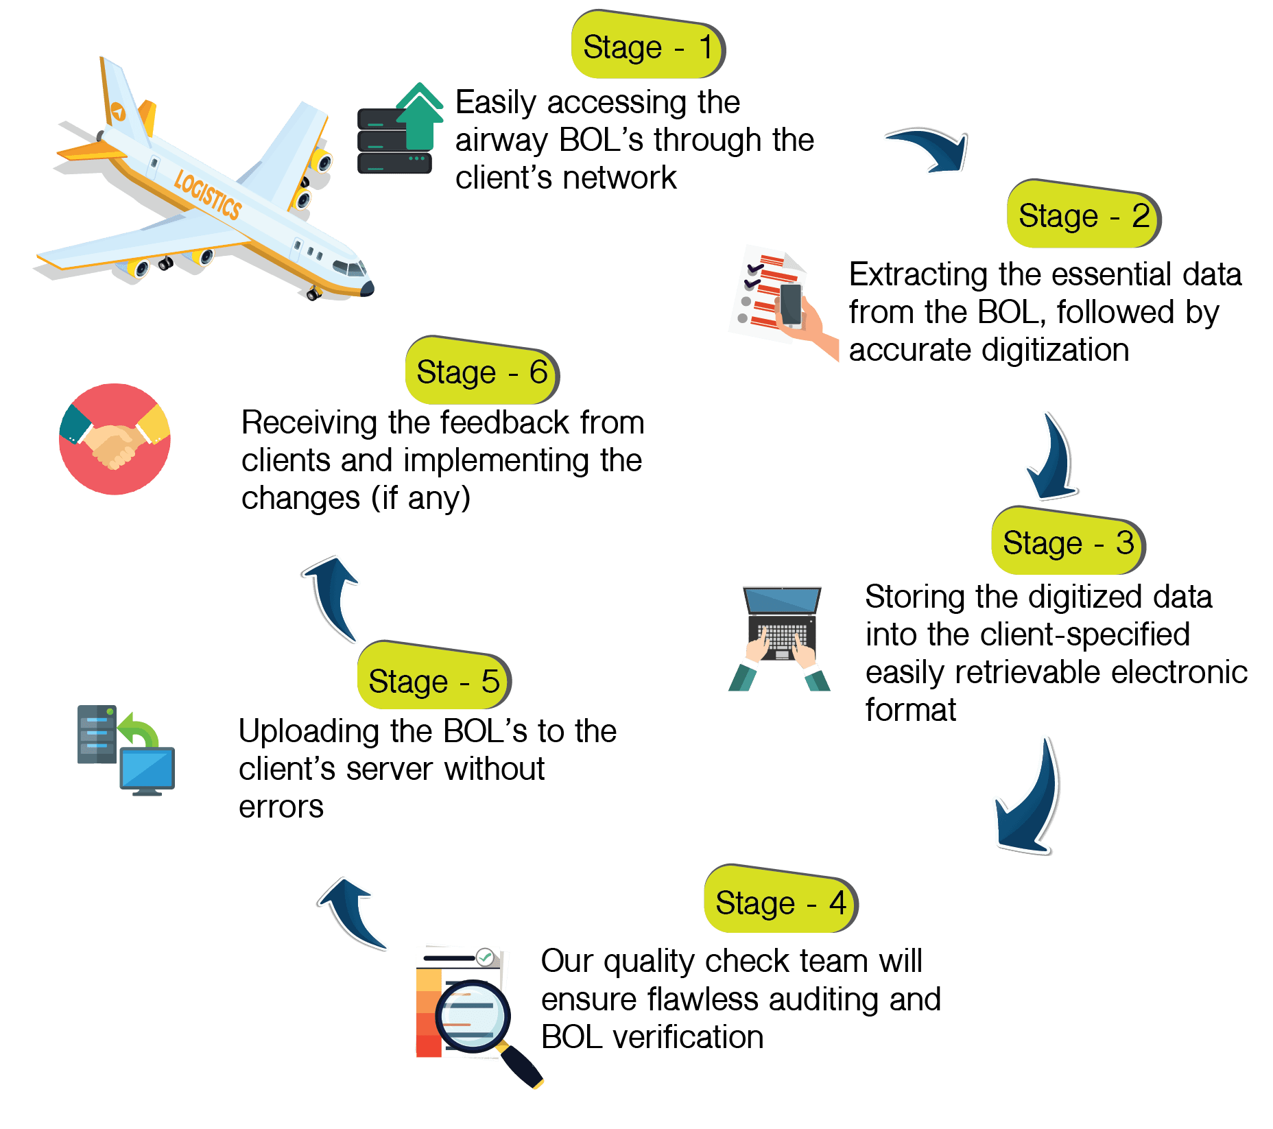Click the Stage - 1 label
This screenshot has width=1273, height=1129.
pyautogui.click(x=647, y=47)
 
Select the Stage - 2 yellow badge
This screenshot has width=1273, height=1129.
pyautogui.click(x=1083, y=215)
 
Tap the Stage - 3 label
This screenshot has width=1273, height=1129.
pyautogui.click(x=1067, y=543)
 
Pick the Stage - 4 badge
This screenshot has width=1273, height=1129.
pyautogui.click(x=780, y=902)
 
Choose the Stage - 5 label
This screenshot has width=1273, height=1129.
pyautogui.click(x=433, y=680)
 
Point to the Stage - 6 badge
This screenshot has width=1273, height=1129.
pyautogui.click(x=481, y=372)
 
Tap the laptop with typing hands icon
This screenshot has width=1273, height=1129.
pyautogui.click(x=781, y=637)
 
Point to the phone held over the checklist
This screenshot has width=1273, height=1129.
pyautogui.click(x=791, y=305)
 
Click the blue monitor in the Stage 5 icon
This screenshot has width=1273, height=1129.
pyautogui.click(x=147, y=769)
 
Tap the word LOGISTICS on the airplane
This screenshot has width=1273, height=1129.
pyautogui.click(x=207, y=195)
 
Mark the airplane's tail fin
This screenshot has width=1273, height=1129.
pyautogui.click(x=122, y=96)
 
